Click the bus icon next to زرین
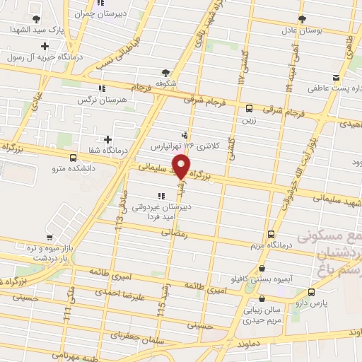point(249,108)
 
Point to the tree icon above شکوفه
point(165,72)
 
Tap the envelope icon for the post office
point(335,78)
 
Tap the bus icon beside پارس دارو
point(312,292)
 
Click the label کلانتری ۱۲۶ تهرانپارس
point(185,145)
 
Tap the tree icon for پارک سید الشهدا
point(37,18)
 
